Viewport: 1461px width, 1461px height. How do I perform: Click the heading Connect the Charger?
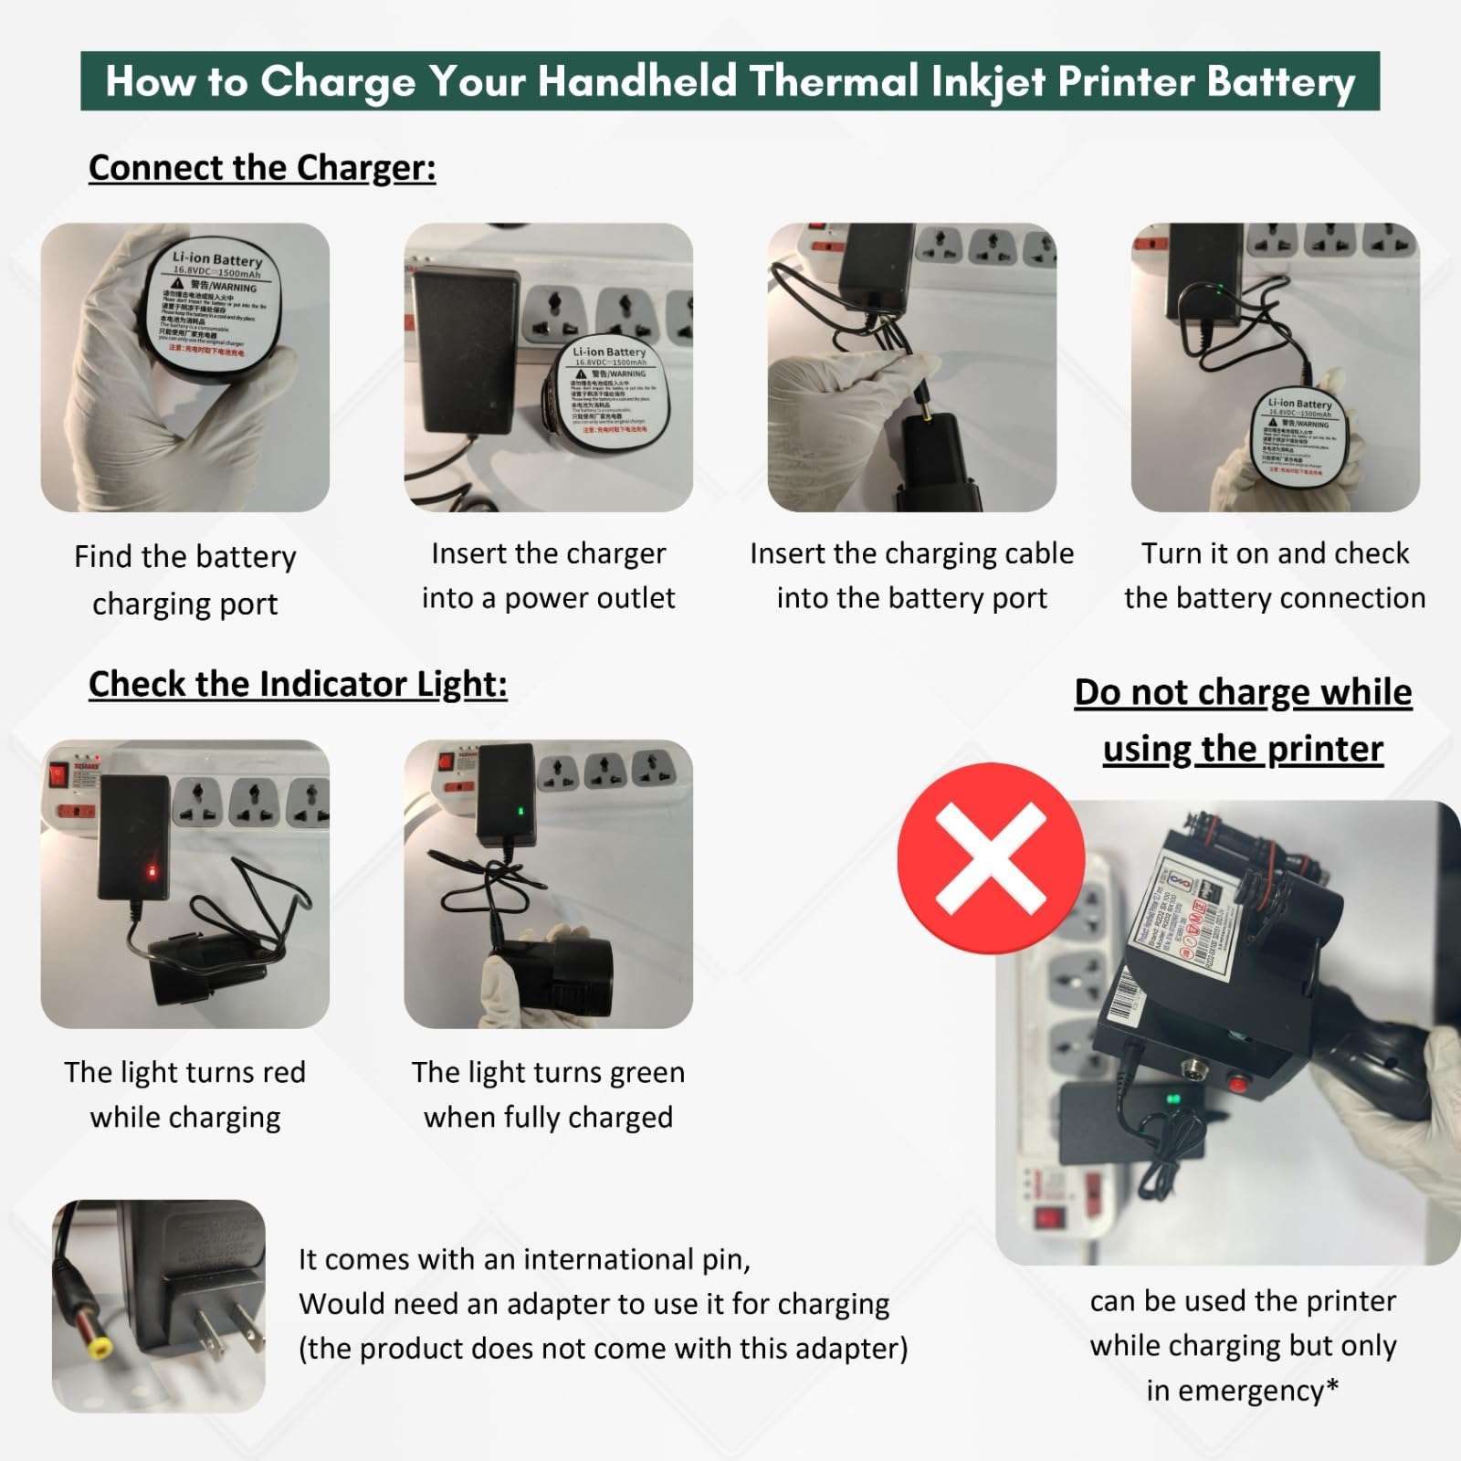tap(262, 168)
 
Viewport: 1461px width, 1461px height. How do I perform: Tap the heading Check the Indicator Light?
tap(298, 684)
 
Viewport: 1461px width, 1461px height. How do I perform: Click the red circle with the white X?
tap(991, 858)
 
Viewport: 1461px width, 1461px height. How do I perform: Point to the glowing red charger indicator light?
tap(152, 872)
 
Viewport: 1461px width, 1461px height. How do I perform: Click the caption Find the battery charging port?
tap(185, 579)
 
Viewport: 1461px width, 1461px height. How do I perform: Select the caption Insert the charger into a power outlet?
tap(548, 575)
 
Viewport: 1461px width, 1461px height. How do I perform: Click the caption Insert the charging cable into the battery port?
tap(911, 575)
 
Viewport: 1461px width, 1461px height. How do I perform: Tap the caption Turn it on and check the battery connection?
tap(1275, 575)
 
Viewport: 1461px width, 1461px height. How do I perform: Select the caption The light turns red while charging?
tap(185, 1094)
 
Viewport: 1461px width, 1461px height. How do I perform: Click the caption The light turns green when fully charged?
tap(548, 1094)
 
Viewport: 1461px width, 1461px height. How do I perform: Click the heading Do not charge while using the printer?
tap(1243, 720)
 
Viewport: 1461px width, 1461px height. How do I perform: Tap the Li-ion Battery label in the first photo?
tap(216, 259)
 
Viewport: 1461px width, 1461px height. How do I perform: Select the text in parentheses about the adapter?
tap(603, 1349)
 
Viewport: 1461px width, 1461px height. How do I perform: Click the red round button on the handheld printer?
tap(1238, 1084)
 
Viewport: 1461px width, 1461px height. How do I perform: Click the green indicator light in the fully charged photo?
tap(520, 811)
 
